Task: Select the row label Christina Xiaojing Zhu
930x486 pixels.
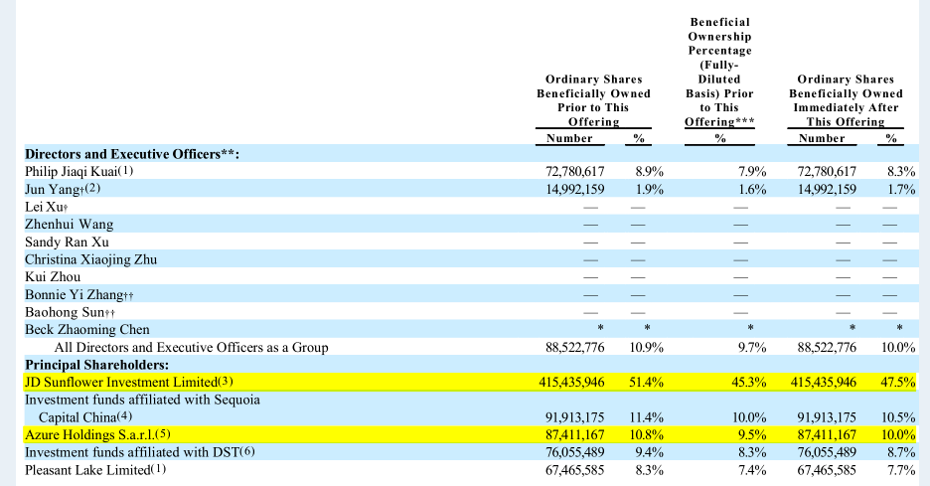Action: [90, 259]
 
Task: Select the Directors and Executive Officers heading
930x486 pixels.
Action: [132, 153]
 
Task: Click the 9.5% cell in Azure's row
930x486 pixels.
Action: [751, 434]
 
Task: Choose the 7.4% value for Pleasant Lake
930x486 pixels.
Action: [751, 469]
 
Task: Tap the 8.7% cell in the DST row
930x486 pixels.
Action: [901, 452]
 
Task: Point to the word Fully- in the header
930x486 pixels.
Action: [719, 65]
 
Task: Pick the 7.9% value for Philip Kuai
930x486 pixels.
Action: [751, 171]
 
